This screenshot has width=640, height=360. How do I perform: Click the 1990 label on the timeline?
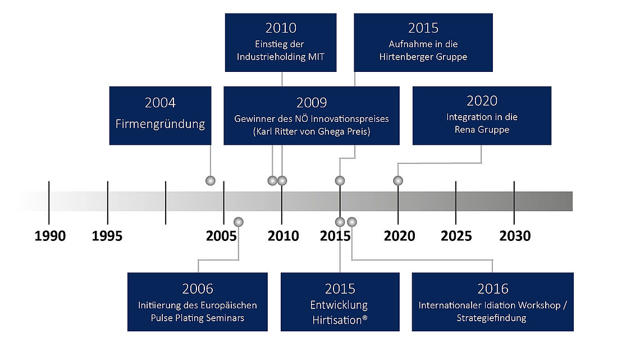[x=50, y=236]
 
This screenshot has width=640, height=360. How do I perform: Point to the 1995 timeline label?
[x=107, y=236]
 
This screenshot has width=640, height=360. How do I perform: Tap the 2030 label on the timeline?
[x=515, y=236]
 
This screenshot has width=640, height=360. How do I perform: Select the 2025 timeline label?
[x=456, y=236]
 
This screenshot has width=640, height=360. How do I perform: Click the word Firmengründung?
[x=160, y=124]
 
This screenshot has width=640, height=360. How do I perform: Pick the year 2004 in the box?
[x=160, y=102]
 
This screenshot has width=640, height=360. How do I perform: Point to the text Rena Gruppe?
[x=482, y=130]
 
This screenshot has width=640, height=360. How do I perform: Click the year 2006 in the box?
[x=198, y=289]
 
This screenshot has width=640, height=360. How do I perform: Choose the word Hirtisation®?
[x=340, y=320]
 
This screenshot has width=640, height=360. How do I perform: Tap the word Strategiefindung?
[x=491, y=318]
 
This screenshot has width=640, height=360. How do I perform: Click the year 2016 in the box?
[x=493, y=289]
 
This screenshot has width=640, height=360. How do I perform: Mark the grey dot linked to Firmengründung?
[x=210, y=180]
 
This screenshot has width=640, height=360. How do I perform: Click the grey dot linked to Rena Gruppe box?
[x=398, y=180]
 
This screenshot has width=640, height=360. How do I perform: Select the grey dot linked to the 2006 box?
[x=239, y=222]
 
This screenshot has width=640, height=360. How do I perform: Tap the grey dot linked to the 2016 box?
[x=352, y=222]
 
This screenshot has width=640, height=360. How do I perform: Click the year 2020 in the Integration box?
[x=482, y=101]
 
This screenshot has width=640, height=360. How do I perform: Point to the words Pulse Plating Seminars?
[x=198, y=318]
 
